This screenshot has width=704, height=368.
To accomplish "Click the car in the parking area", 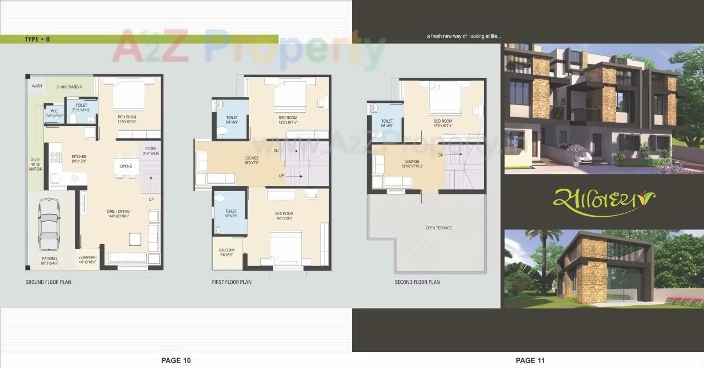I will click(48, 228).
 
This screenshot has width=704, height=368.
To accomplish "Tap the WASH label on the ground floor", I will click(37, 86).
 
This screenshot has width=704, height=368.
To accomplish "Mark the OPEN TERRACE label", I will click(438, 228).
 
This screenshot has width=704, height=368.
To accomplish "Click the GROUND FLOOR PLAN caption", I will click(48, 282).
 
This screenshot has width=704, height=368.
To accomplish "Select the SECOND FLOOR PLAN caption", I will click(417, 282).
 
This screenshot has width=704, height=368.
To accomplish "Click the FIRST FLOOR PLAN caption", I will click(232, 282).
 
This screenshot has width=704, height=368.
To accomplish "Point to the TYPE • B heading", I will click(37, 39).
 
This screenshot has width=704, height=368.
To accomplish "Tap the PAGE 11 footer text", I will click(530, 360).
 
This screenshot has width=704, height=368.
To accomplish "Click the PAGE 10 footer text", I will click(176, 360).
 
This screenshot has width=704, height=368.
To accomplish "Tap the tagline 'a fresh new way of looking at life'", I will click(464, 37).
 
